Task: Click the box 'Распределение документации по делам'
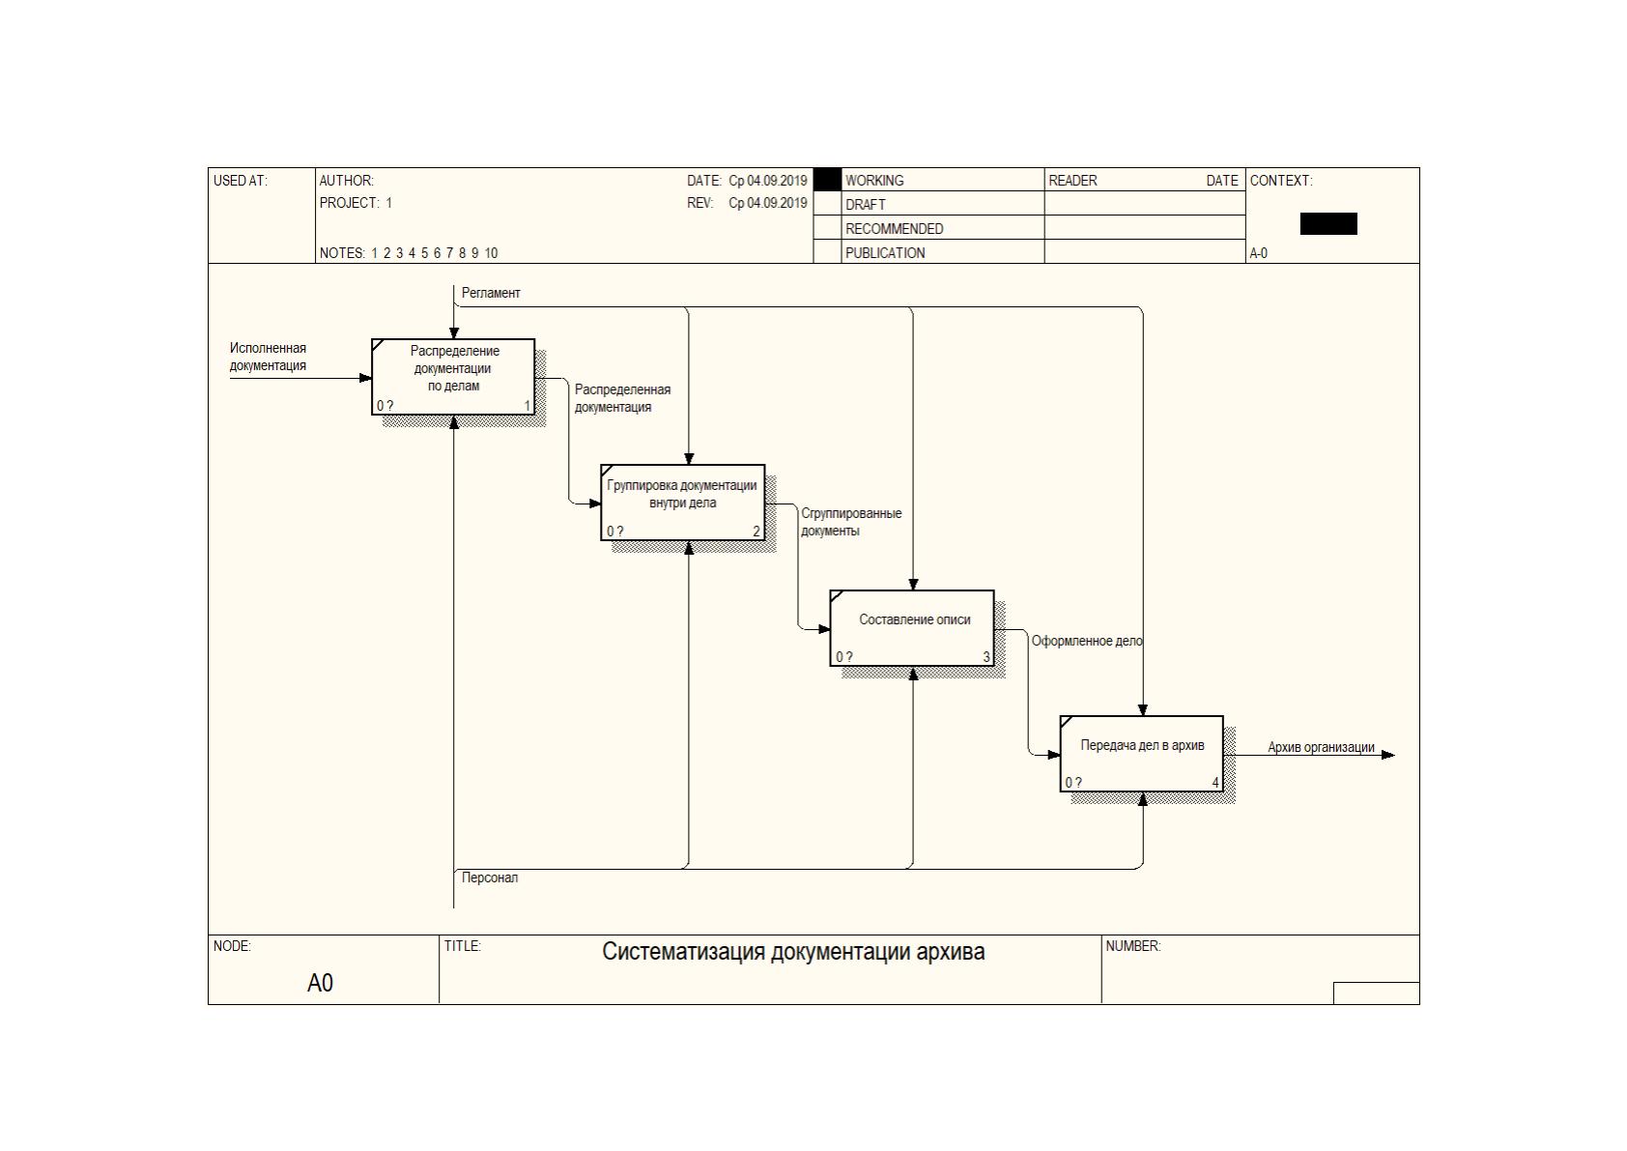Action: [453, 377]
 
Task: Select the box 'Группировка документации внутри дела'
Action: [683, 503]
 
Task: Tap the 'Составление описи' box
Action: [912, 628]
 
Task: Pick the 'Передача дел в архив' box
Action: [1142, 754]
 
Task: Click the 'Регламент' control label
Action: [491, 293]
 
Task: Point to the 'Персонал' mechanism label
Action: [490, 878]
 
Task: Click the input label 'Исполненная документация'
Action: [268, 357]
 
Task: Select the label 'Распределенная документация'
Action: [622, 398]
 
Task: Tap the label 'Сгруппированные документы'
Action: [851, 522]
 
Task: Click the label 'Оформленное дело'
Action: [1087, 641]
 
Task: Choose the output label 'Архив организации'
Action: [1321, 747]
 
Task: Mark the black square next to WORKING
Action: [827, 180]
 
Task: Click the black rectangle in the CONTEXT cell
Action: [1328, 224]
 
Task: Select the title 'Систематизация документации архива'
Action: [793, 952]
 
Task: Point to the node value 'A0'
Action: [321, 983]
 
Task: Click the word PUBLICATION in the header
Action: [885, 253]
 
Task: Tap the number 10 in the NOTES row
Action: [491, 253]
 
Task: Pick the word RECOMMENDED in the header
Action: [894, 229]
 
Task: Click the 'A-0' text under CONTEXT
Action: [1259, 253]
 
